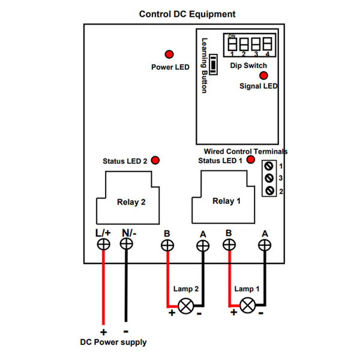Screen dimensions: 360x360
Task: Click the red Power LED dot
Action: pos(169,55)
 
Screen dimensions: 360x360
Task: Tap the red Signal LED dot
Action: pos(263,76)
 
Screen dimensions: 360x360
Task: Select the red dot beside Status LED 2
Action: pos(155,160)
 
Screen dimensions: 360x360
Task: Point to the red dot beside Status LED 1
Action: pos(251,160)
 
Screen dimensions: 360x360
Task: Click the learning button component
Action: pos(213,65)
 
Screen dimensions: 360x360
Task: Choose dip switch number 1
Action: pos(232,44)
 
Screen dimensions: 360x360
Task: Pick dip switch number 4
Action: pos(267,44)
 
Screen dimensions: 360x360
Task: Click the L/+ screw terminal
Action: pos(104,244)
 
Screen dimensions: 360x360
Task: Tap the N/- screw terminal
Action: pos(126,244)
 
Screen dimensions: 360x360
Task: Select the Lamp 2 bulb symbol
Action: pos(186,306)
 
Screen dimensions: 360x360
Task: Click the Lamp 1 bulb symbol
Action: pos(247,305)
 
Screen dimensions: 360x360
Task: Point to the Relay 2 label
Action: pos(131,202)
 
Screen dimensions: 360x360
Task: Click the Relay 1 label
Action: pos(226,201)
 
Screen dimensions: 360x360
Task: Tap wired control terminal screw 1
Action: pos(269,166)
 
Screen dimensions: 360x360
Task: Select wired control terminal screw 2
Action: pos(269,191)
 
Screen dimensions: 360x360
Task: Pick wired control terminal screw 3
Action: pos(269,178)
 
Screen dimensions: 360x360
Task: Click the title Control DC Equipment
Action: pos(187,14)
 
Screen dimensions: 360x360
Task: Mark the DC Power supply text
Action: pos(113,343)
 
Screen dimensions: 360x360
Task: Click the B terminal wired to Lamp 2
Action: pos(167,245)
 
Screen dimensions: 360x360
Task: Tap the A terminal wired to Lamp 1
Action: pos(265,245)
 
